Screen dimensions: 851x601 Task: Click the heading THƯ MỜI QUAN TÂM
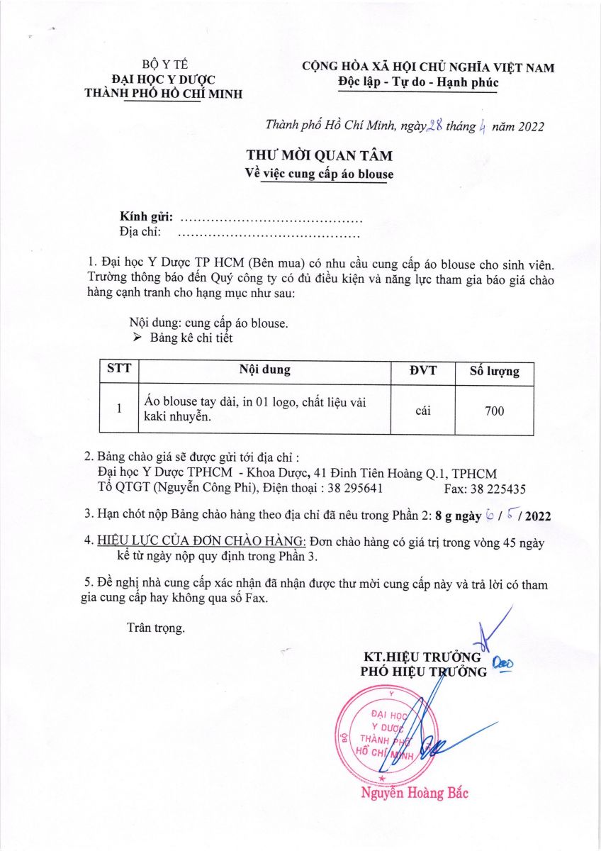coord(319,155)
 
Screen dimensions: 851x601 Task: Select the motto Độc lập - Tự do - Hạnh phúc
coord(418,82)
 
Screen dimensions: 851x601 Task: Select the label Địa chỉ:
coord(140,231)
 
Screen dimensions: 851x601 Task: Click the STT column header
coord(118,369)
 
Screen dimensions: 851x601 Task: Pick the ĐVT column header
coord(424,370)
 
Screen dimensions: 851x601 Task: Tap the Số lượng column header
coord(495,371)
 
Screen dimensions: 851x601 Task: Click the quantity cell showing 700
coord(495,411)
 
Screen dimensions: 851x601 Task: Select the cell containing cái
coord(424,410)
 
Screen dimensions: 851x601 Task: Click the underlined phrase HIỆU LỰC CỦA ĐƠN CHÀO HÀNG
coord(201,541)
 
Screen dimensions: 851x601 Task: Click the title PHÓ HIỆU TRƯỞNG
coord(424,672)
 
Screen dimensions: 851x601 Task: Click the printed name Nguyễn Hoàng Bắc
coord(415,793)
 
